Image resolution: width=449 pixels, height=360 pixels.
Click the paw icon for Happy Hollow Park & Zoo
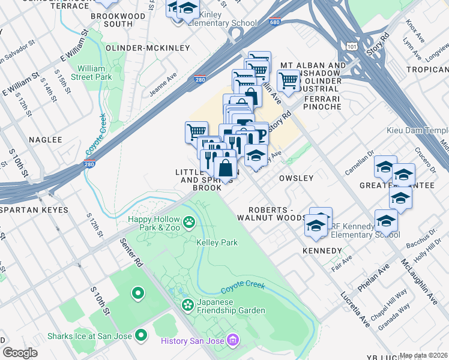[x=190, y=223]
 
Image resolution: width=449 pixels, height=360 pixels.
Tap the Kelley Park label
[x=217, y=242]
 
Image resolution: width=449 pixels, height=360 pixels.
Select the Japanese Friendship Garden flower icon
[x=188, y=305]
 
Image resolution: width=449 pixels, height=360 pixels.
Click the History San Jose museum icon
[x=233, y=341]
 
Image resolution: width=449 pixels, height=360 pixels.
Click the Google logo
[x=20, y=352]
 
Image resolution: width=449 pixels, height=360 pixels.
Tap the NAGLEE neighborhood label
[x=46, y=139]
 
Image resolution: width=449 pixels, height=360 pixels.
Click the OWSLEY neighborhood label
[x=297, y=178]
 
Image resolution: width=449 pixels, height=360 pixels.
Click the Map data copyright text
[x=424, y=355]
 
